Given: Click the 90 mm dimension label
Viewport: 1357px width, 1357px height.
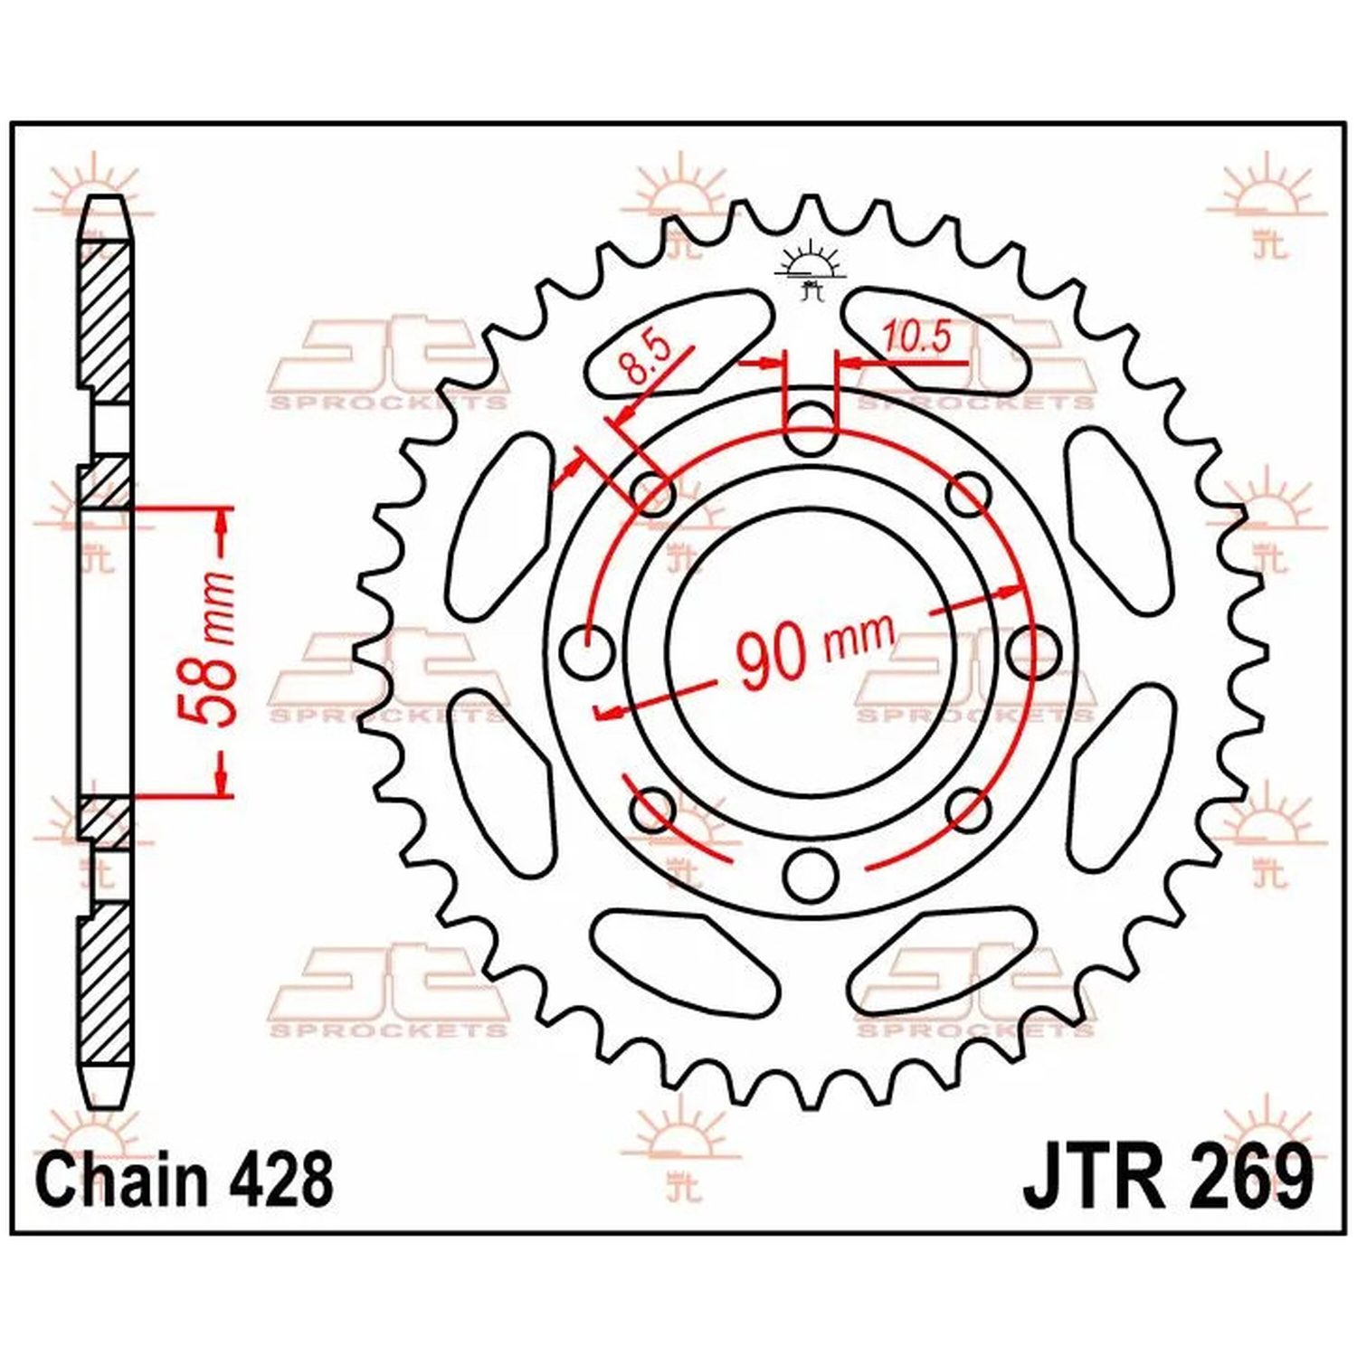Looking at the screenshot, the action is [814, 648].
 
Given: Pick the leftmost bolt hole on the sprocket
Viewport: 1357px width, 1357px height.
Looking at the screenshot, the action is [586, 650].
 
